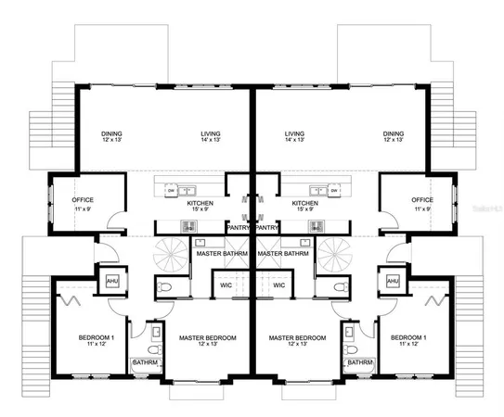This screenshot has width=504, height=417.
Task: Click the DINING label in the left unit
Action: click(112, 134)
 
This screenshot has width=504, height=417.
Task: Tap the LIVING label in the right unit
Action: click(295, 134)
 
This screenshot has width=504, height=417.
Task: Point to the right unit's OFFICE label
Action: click(422, 200)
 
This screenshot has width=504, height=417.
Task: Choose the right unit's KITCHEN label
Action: click(305, 203)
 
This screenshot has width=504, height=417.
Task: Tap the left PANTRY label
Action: click(239, 227)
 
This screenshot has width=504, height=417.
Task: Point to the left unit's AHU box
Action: click(112, 281)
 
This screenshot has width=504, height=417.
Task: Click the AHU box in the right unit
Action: click(393, 281)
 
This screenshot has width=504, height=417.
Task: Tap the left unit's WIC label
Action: click(226, 285)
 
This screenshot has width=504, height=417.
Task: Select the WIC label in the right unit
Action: click(278, 285)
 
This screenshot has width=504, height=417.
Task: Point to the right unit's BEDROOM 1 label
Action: click(408, 337)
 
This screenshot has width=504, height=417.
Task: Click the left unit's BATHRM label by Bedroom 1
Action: click(144, 362)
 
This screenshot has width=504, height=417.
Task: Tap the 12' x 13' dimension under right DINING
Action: click(394, 142)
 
